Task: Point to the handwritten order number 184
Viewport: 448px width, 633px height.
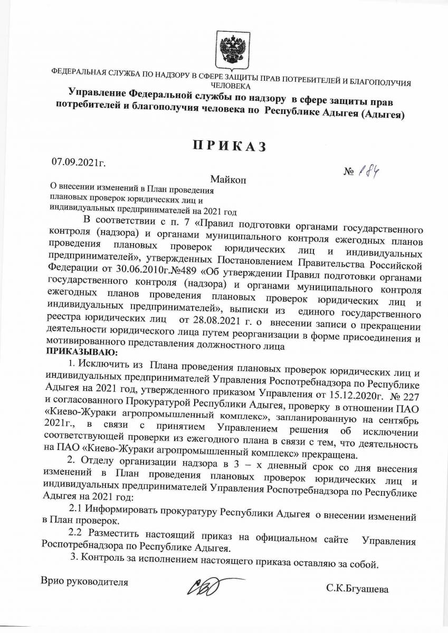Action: pyautogui.click(x=365, y=172)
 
